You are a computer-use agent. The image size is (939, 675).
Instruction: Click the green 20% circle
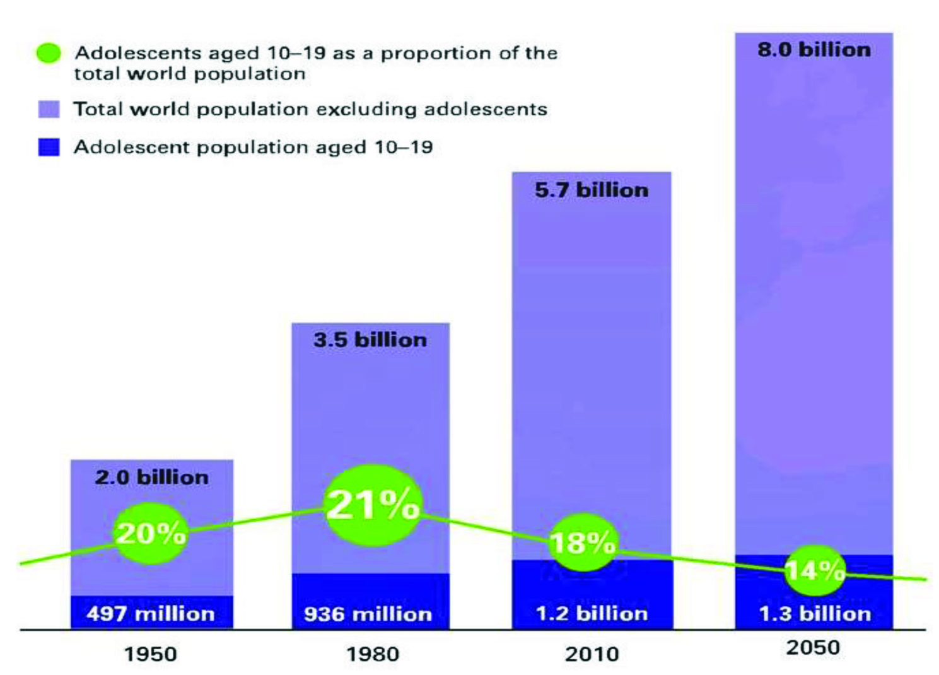tap(151, 534)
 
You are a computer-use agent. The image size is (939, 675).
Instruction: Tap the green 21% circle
tap(372, 505)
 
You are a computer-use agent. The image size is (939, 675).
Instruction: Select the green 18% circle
tap(583, 543)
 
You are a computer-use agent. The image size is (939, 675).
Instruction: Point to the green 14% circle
tap(815, 570)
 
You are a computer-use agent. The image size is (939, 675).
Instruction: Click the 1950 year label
tap(150, 654)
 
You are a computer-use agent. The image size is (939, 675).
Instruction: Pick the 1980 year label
tap(372, 654)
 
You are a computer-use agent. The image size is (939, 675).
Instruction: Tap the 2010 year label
tap(592, 654)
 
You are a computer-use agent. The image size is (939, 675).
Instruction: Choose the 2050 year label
tap(813, 647)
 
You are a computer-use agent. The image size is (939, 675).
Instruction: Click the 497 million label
tap(151, 613)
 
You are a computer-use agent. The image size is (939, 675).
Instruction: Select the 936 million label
tap(368, 614)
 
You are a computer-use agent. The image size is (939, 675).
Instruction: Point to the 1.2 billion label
tap(592, 613)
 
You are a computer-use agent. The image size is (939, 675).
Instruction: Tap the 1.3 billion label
tap(815, 613)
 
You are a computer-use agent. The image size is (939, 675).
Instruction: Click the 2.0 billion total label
tap(151, 477)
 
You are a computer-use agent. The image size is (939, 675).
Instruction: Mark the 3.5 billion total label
tap(370, 340)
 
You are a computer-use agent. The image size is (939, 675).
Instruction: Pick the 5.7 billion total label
tap(592, 190)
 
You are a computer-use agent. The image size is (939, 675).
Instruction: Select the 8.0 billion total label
tap(814, 50)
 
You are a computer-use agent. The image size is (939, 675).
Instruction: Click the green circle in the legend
tap(49, 54)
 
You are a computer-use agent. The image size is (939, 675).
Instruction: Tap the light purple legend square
tap(49, 109)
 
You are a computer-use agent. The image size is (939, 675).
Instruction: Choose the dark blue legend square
tap(49, 147)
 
